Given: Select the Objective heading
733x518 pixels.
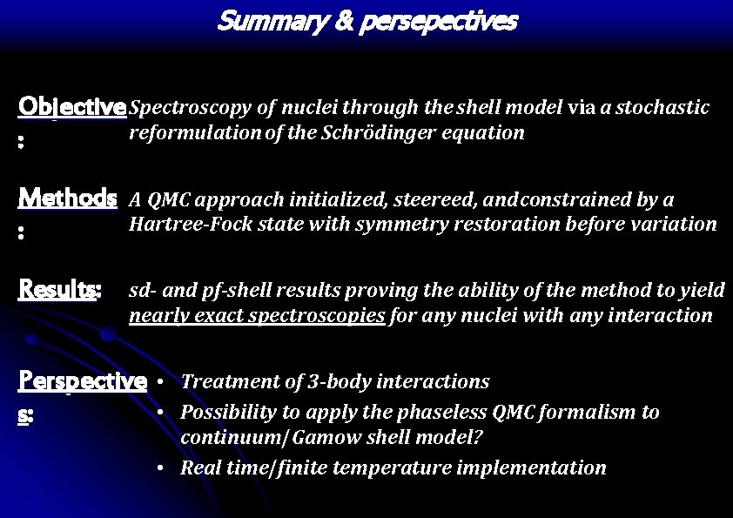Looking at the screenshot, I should click(x=72, y=107).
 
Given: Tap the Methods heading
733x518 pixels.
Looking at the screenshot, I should click(x=68, y=198).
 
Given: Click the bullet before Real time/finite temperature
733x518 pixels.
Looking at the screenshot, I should click(x=163, y=468).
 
